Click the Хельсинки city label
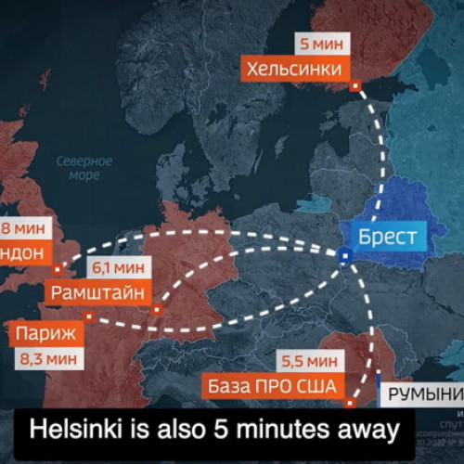coord(296,69)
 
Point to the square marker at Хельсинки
coord(355,86)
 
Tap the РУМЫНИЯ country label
coord(424,394)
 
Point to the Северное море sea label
coord(84,168)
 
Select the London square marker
coord(57,269)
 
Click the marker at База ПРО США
coord(351,403)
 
